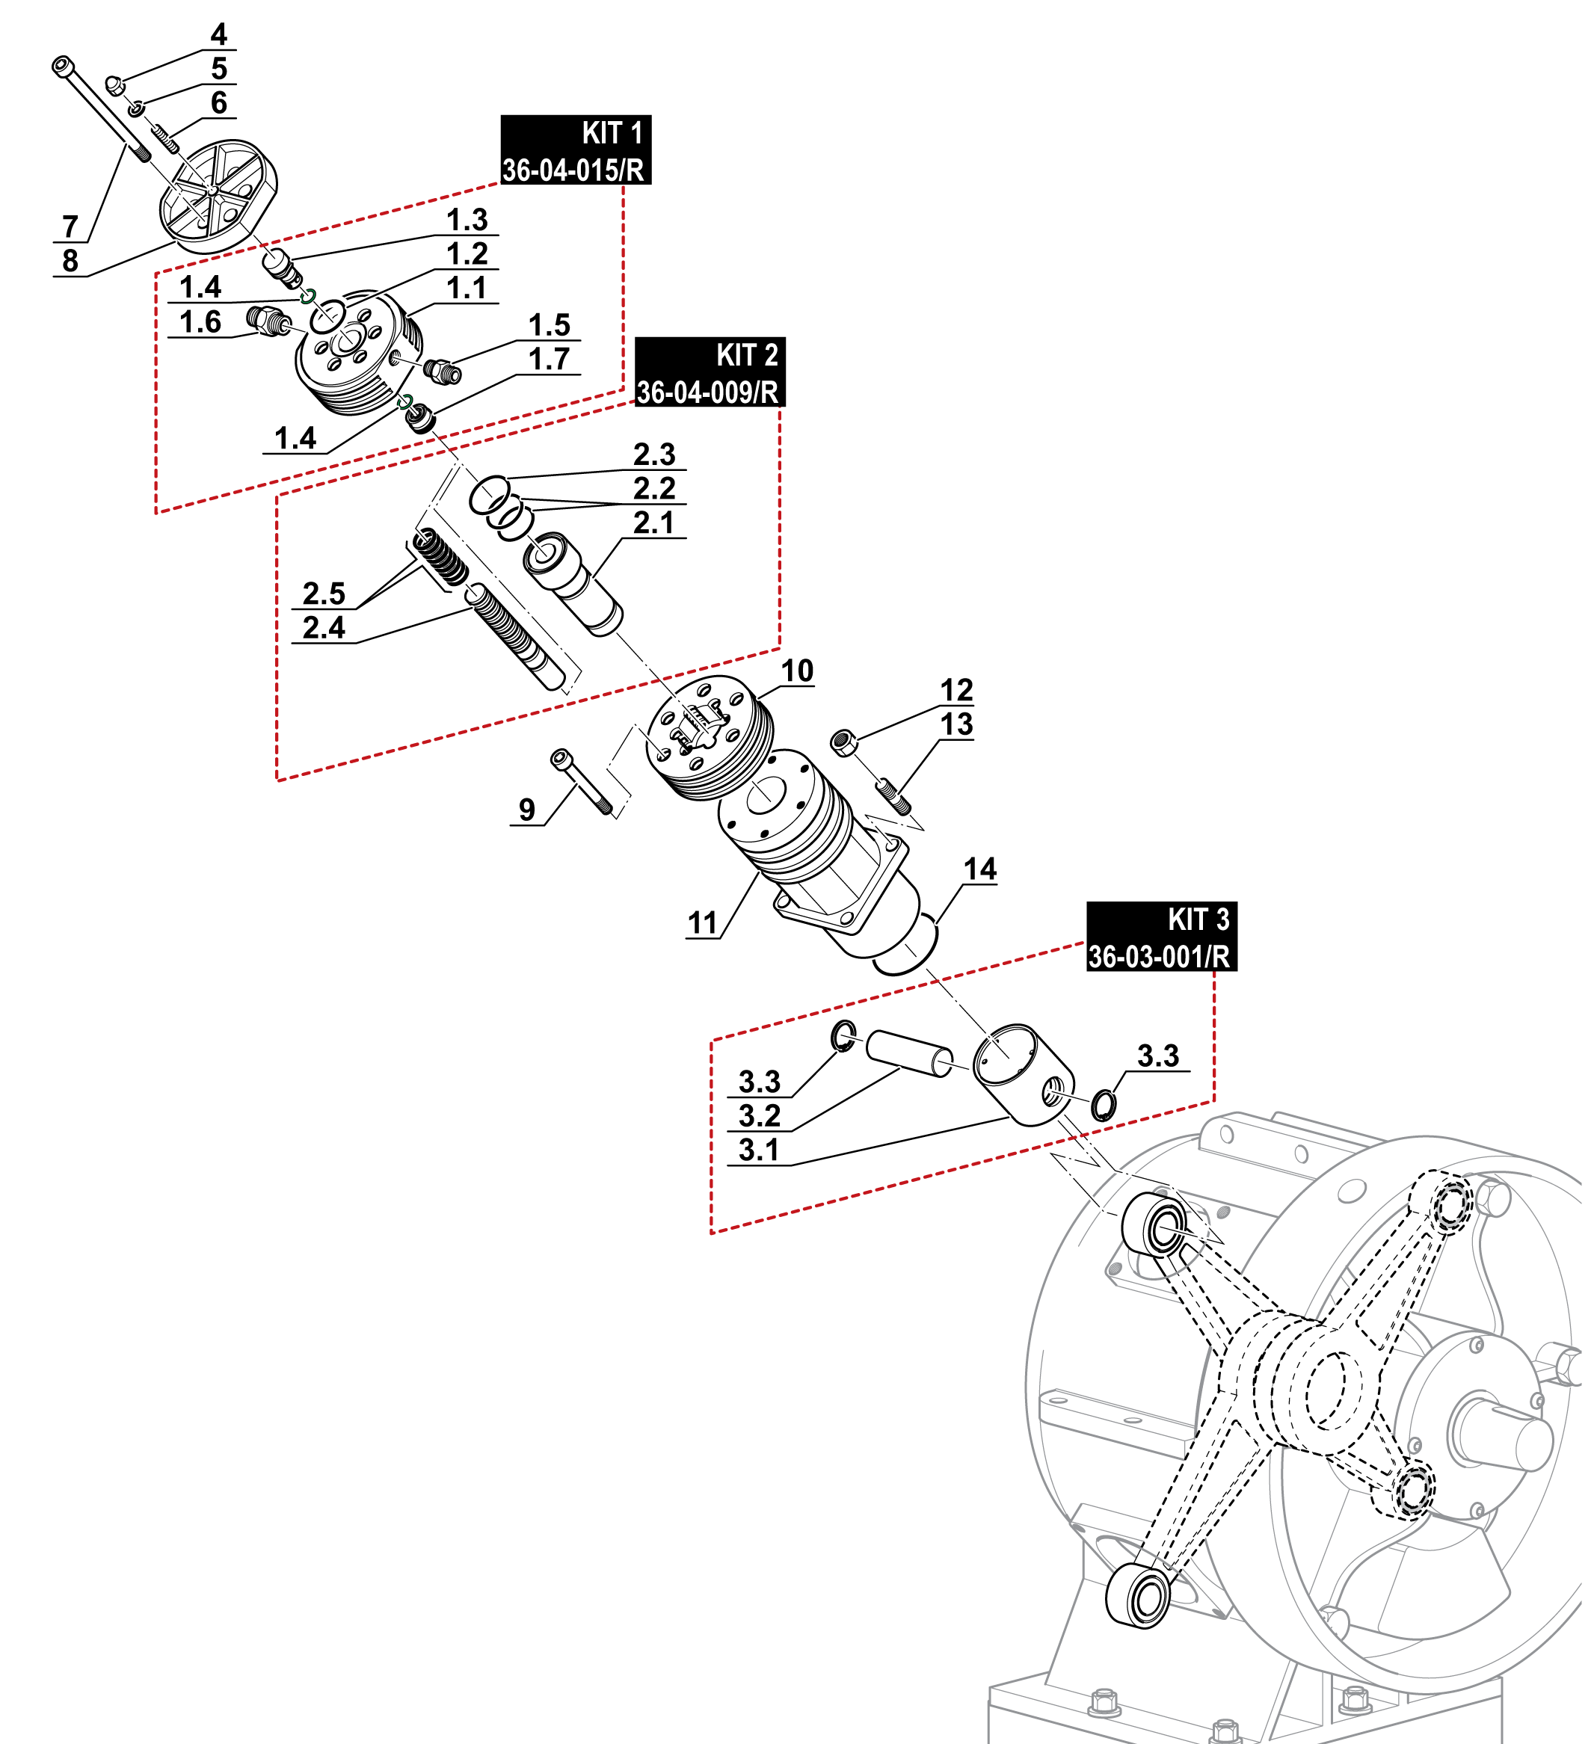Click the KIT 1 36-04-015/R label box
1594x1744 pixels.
tap(576, 150)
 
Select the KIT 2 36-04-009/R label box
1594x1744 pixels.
tap(710, 372)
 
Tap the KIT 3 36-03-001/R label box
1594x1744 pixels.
tap(1161, 937)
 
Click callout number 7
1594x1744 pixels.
tap(70, 227)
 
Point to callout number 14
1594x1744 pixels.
tap(979, 869)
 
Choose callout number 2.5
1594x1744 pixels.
tap(324, 594)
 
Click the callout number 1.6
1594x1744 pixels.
tap(200, 321)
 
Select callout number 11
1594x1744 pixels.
tap(702, 923)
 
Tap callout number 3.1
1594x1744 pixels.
tap(759, 1150)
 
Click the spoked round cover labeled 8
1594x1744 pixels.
tap(218, 194)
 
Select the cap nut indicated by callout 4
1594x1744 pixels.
tap(114, 84)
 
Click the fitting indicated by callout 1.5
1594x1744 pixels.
tap(442, 371)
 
